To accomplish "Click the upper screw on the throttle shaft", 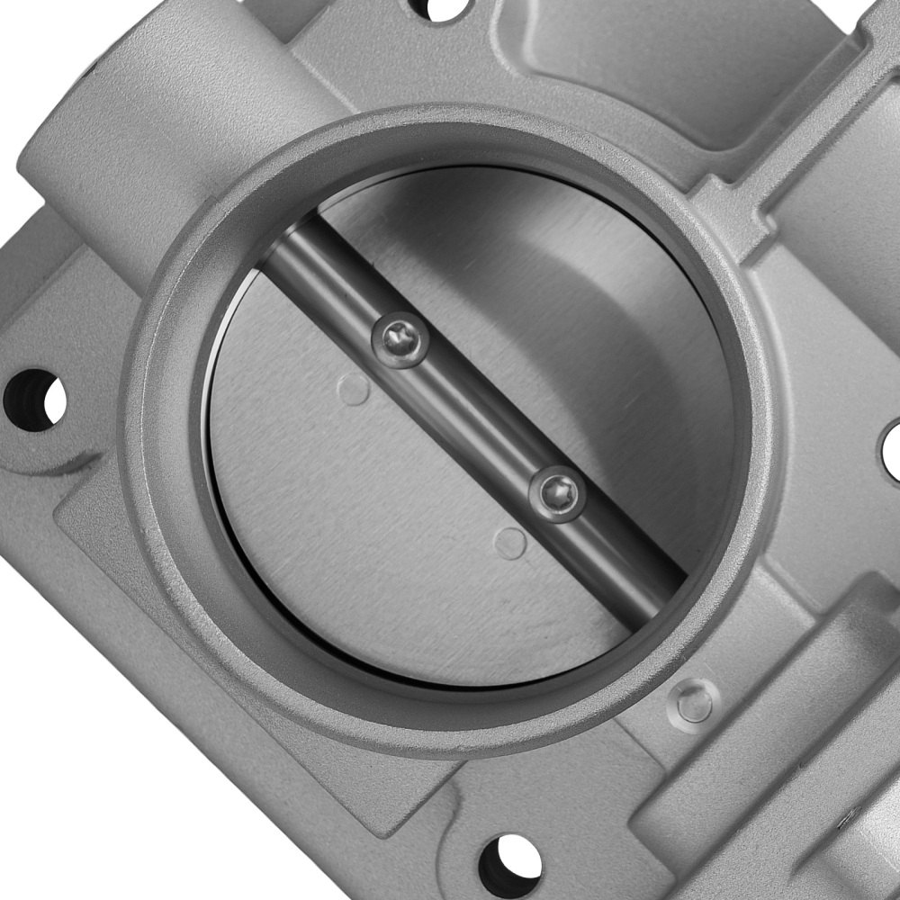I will point(400,339).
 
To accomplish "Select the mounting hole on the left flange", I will point(35,399).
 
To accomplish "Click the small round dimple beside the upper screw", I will point(354,388).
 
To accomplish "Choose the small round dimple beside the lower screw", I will point(511,543).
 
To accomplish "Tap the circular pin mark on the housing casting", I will point(694,705).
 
